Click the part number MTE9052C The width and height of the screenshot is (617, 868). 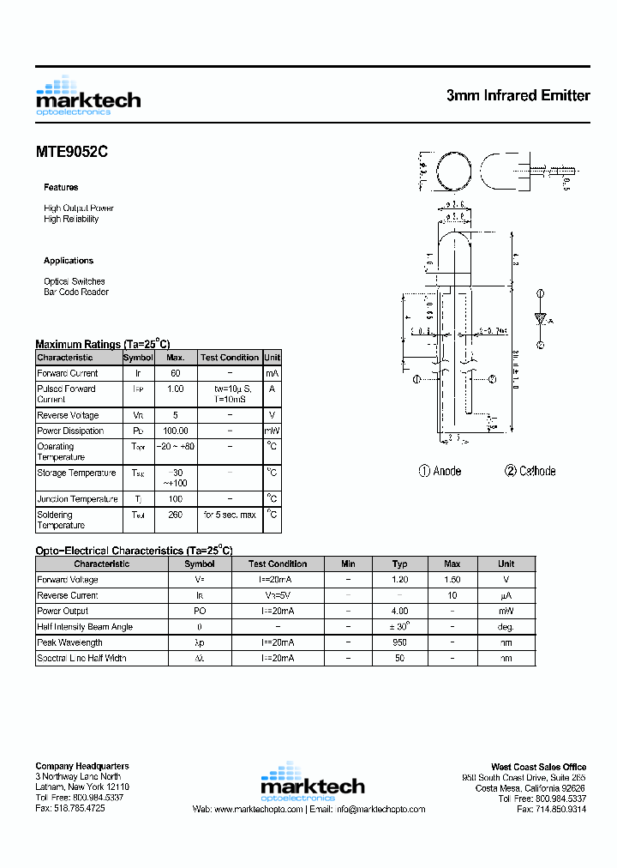coord(72,152)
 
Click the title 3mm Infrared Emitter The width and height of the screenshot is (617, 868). coord(518,95)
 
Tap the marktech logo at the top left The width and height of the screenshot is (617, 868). coord(87,96)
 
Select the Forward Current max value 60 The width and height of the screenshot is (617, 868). coord(175,373)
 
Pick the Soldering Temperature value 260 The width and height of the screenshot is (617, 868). coord(175,515)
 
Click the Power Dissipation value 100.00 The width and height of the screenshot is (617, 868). coord(175,431)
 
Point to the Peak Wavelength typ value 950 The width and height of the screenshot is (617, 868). coord(399,642)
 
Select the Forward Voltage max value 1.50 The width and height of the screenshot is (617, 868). coord(452,580)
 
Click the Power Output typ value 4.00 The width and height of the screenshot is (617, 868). coord(399,611)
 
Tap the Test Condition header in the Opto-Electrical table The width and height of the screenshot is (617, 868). coord(277,564)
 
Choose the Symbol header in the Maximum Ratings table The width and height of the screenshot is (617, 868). coord(138,358)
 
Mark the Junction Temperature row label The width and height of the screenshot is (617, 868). coord(77,499)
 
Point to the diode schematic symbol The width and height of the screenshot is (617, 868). coord(541,319)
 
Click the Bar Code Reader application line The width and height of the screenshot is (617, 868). coord(76,292)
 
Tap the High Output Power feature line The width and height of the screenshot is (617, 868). coord(79,208)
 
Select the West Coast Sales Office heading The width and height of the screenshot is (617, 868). coord(538,767)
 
